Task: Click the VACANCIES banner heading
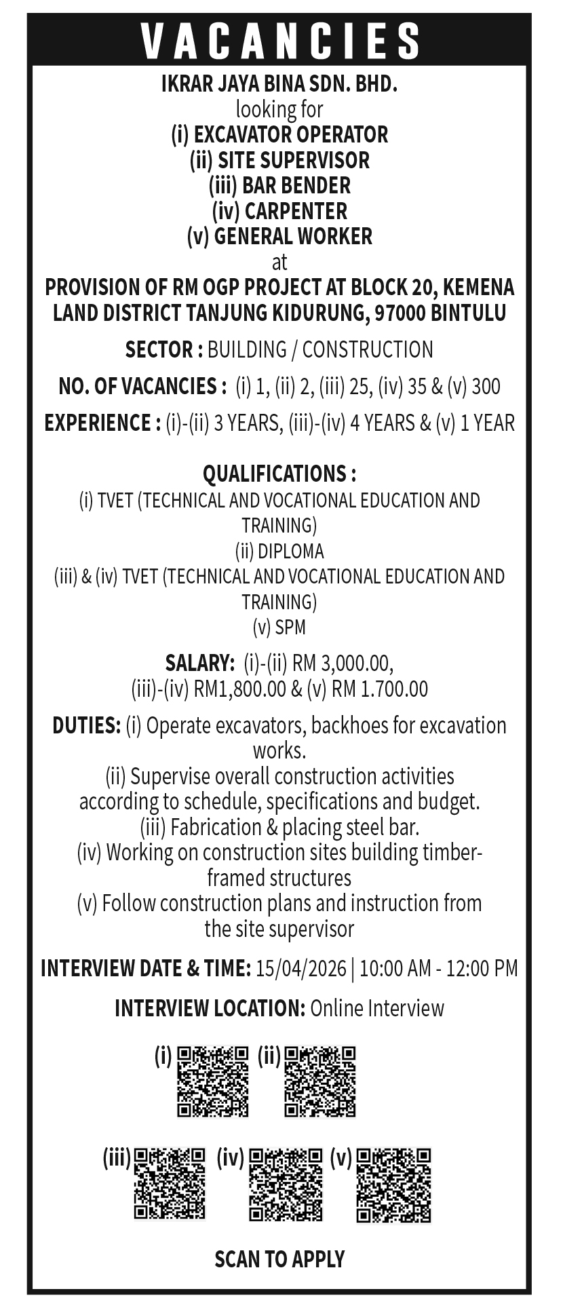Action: click(x=279, y=41)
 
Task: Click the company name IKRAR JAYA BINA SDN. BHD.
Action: click(x=279, y=84)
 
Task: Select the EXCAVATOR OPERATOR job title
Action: click(x=290, y=134)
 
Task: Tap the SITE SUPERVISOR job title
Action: click(x=294, y=160)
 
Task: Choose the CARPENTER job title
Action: click(x=296, y=211)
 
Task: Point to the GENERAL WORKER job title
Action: click(x=293, y=236)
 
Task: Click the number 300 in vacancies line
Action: click(x=486, y=387)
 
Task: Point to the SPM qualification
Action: click(x=290, y=628)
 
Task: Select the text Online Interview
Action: click(x=377, y=1008)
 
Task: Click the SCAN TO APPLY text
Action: click(x=279, y=1259)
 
